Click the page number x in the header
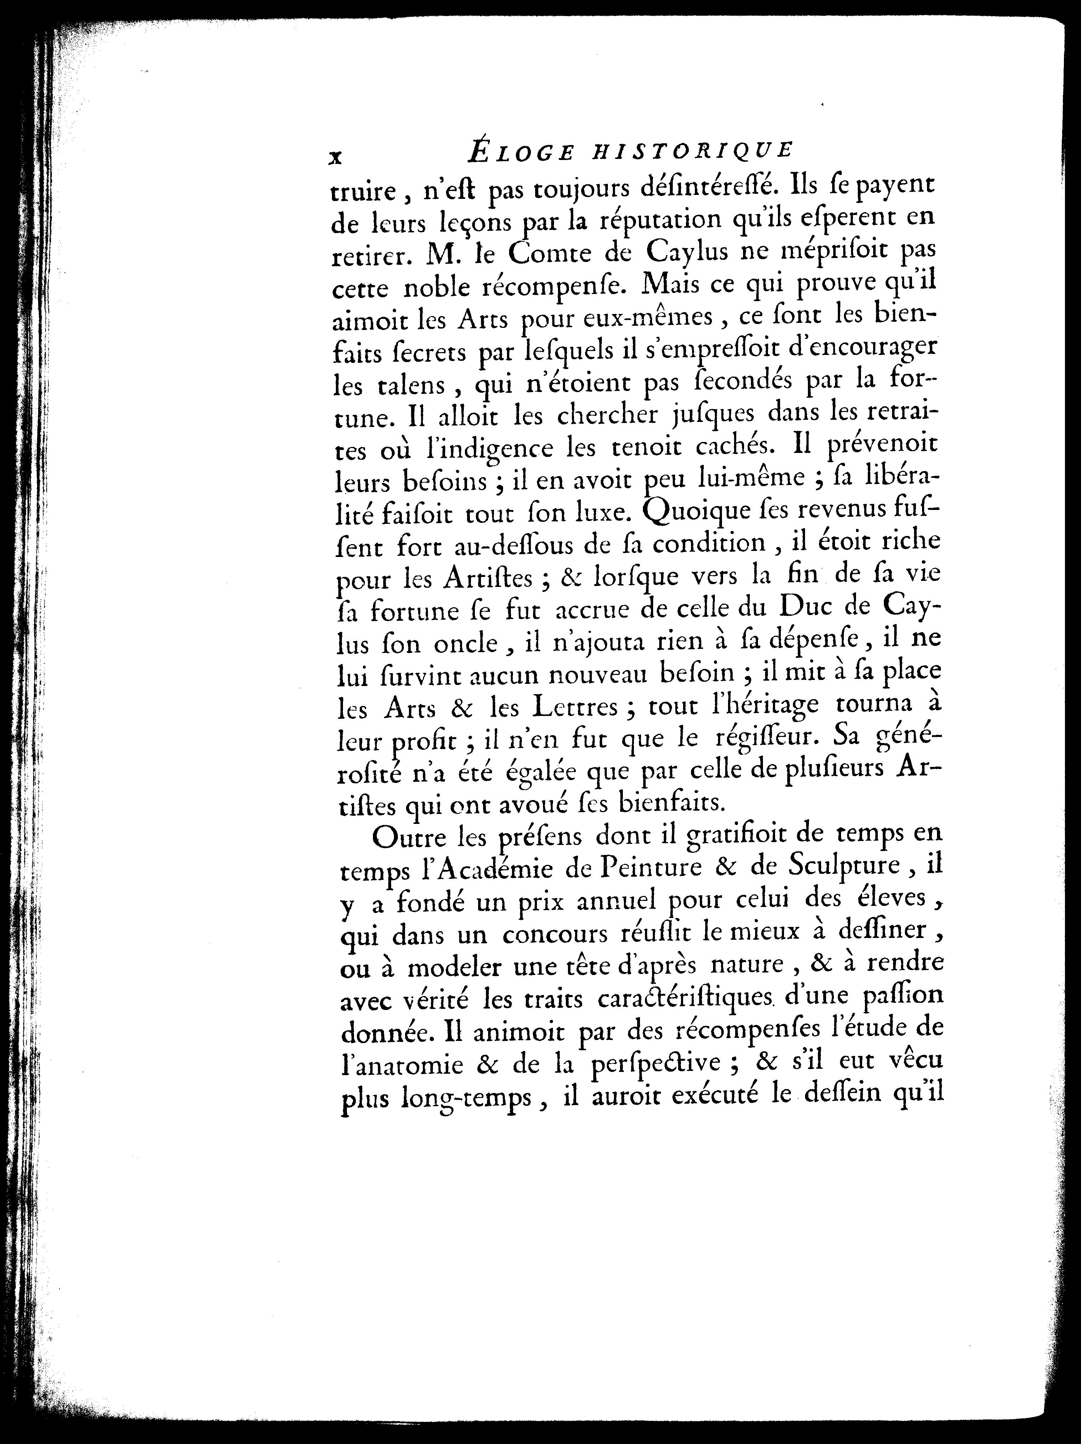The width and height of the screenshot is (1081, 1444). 335,157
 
